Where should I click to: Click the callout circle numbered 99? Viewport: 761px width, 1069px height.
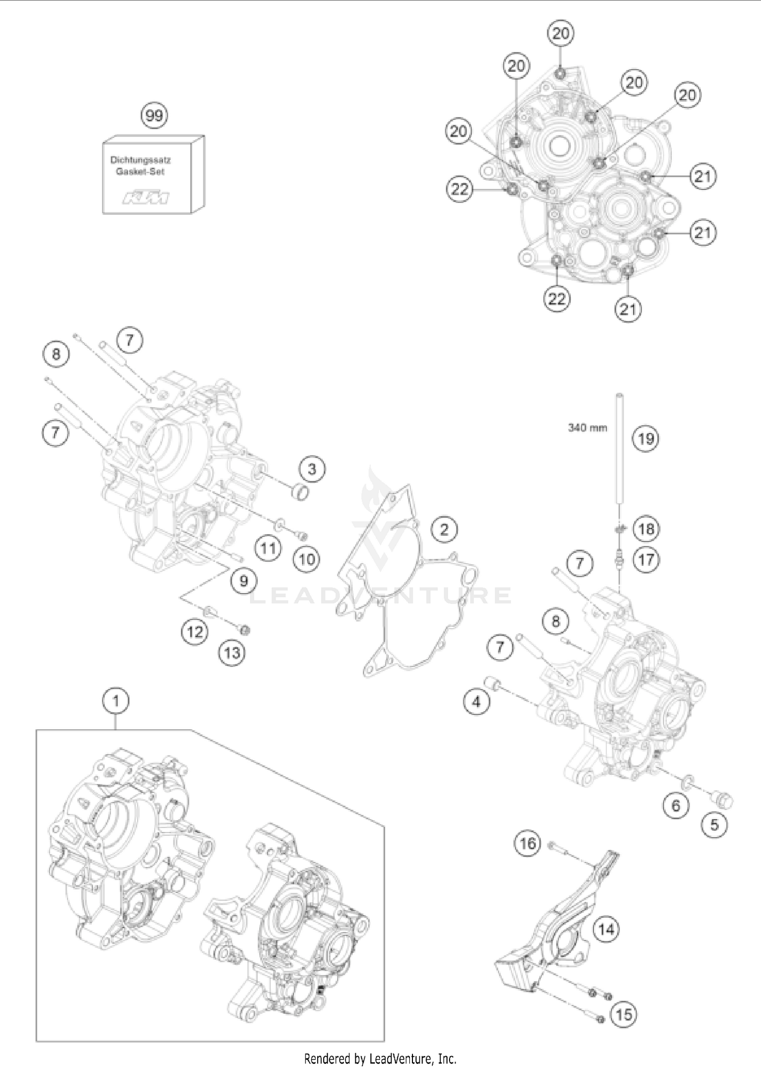(x=154, y=116)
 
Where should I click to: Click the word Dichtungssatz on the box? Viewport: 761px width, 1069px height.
(x=141, y=159)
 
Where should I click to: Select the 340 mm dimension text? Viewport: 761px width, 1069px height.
(x=587, y=428)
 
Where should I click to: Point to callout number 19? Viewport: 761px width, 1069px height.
(x=645, y=438)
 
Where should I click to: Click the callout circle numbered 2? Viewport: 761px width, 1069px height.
(x=444, y=530)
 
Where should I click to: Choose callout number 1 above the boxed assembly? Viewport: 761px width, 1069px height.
(x=116, y=701)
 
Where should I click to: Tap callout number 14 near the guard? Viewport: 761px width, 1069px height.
(x=606, y=929)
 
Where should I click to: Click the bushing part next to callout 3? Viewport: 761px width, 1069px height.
(x=299, y=492)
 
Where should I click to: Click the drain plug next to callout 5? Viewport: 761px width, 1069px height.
(x=723, y=801)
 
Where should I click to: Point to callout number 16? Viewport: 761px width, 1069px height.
(x=528, y=844)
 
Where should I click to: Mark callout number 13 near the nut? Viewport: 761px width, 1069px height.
(x=232, y=652)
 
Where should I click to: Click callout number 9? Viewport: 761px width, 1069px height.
(x=244, y=580)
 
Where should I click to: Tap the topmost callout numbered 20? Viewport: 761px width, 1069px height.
(x=561, y=34)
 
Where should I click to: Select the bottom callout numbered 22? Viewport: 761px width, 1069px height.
(x=557, y=298)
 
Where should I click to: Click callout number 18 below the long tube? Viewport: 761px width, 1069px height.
(x=646, y=529)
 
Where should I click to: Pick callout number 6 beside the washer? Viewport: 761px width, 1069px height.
(x=676, y=805)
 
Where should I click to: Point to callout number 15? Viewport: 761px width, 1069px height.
(x=624, y=1014)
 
